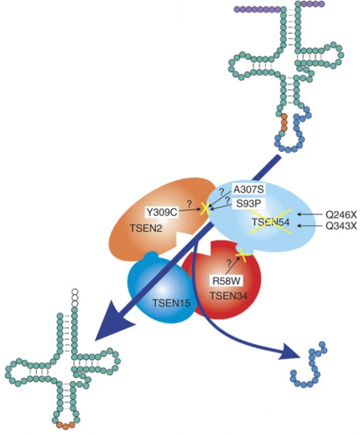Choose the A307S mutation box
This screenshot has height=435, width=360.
coord(249,189)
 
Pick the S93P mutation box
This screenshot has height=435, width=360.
coord(248,204)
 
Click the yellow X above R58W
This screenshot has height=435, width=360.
coord(241,252)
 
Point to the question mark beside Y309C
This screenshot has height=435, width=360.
coord(189,204)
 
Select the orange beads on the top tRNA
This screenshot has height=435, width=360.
coord(284,124)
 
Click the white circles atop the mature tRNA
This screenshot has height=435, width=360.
coord(74,297)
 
